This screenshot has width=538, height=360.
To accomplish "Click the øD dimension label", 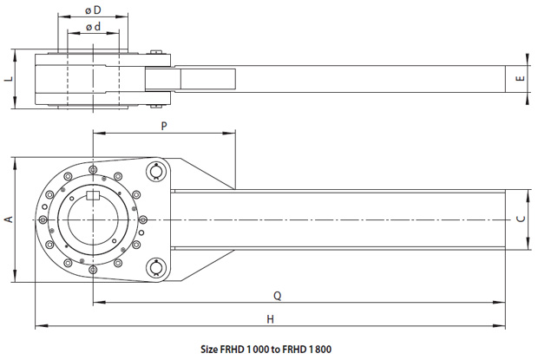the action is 93,10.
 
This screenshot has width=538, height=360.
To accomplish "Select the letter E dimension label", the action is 521,79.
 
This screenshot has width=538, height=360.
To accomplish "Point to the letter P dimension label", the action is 164,126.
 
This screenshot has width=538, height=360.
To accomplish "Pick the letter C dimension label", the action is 521,219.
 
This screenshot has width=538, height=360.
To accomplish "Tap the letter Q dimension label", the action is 277,296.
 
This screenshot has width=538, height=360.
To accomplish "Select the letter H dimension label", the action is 271,319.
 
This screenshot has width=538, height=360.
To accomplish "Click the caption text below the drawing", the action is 266,350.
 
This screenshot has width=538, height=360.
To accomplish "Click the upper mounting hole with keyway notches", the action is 156,171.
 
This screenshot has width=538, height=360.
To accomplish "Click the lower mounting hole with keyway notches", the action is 156,266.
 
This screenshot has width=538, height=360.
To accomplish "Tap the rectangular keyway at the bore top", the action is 93,195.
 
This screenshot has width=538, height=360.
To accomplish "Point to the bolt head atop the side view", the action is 156,52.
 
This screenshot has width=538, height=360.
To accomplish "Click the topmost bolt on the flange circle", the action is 93,170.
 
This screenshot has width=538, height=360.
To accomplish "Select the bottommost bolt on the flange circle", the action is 93,270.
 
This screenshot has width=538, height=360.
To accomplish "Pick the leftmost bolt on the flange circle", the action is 43,219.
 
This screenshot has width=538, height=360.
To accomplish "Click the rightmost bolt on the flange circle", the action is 143,219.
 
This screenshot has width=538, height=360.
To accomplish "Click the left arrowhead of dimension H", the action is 42,326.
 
